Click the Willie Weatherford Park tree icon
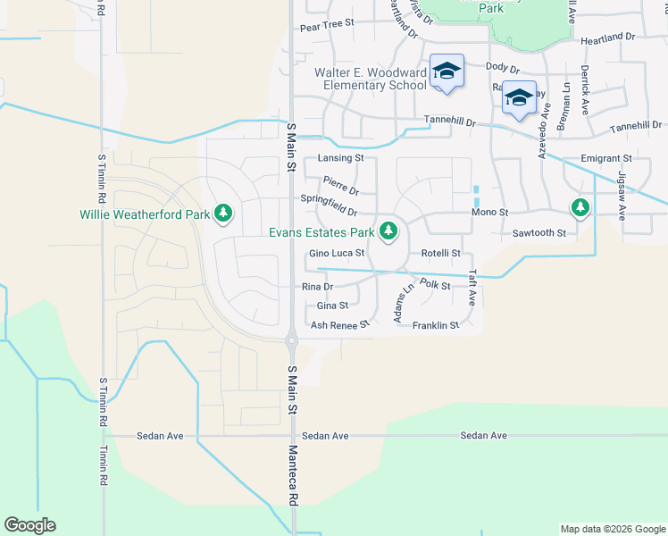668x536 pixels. (x=223, y=214)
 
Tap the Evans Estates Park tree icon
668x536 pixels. (x=388, y=232)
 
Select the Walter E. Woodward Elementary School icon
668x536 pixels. (x=446, y=72)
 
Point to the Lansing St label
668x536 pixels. (x=340, y=158)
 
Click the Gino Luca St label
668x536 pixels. (x=337, y=254)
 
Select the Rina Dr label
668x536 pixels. (x=317, y=287)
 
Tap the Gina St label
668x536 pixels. (x=332, y=306)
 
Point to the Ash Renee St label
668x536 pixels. (x=339, y=325)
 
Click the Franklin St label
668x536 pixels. (x=436, y=325)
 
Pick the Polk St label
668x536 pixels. (x=435, y=285)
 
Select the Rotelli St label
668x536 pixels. (x=440, y=254)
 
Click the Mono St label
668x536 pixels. (x=489, y=213)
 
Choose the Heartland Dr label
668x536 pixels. (x=607, y=39)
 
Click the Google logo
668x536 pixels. (x=30, y=525)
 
